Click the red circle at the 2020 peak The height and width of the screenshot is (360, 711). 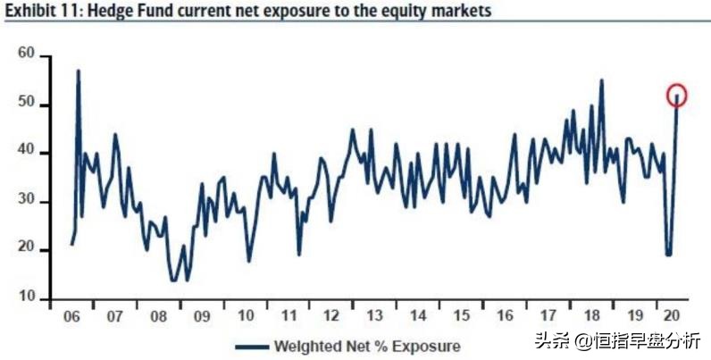tap(677, 95)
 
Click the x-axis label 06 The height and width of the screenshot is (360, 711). tap(71, 316)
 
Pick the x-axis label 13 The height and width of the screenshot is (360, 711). tap(374, 316)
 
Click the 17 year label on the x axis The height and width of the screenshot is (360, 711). tap(547, 316)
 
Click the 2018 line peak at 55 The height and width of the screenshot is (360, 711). tap(601, 80)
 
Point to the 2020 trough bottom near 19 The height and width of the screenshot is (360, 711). tap(668, 255)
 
